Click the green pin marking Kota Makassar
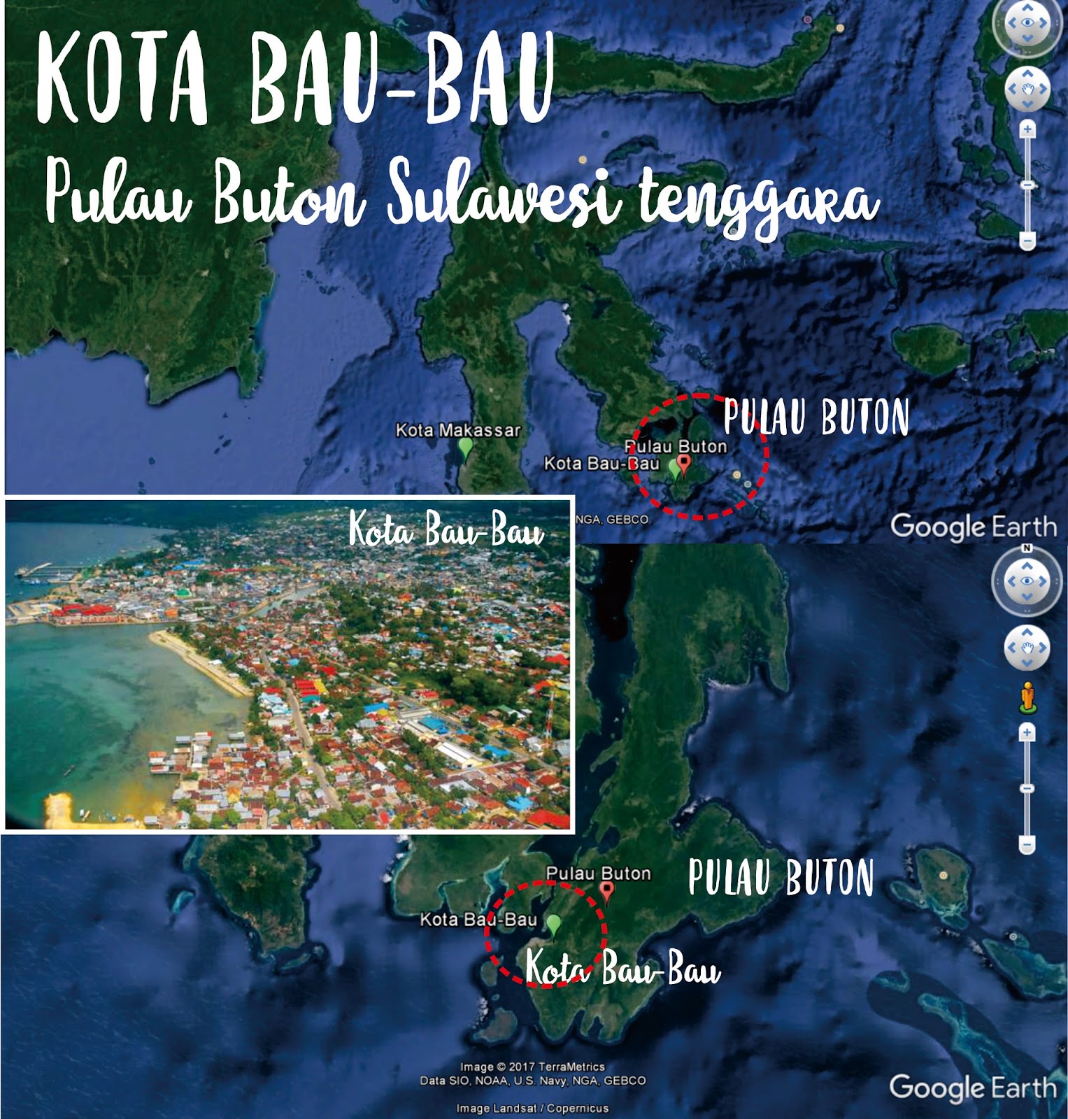[x=465, y=448]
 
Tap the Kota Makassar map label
[x=458, y=429]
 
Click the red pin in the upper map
[x=685, y=464]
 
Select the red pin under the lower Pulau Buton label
[x=607, y=890]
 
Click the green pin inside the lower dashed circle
[x=554, y=925]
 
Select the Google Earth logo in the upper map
[x=973, y=527]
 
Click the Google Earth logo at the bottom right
[x=972, y=1088]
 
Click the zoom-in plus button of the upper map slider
[x=1027, y=130]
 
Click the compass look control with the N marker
[x=1026, y=581]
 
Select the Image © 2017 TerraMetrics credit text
[x=532, y=1067]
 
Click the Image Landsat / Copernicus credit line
[x=532, y=1108]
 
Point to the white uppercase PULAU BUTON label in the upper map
[x=816, y=418]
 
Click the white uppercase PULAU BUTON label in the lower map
[x=781, y=878]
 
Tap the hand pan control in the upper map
[x=1027, y=89]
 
